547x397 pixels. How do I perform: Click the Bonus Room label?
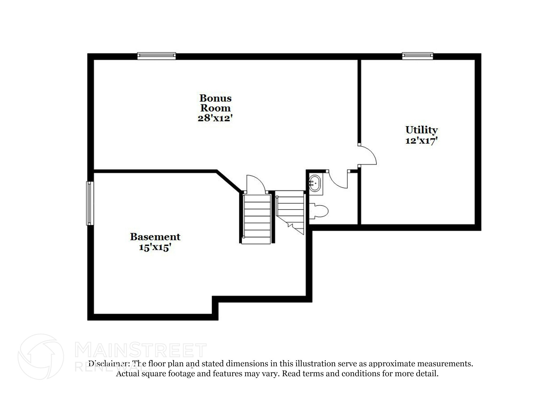[215, 103]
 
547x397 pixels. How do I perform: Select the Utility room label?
[421, 130]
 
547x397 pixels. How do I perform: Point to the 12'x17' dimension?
[421, 141]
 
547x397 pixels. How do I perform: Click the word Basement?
[155, 237]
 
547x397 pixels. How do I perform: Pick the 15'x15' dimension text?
[155, 247]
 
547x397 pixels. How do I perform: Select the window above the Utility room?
[417, 56]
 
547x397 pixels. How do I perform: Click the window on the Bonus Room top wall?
[157, 56]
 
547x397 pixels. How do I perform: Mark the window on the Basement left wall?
[90, 203]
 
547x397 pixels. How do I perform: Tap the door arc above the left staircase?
[255, 183]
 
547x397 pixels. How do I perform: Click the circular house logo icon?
[41, 357]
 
